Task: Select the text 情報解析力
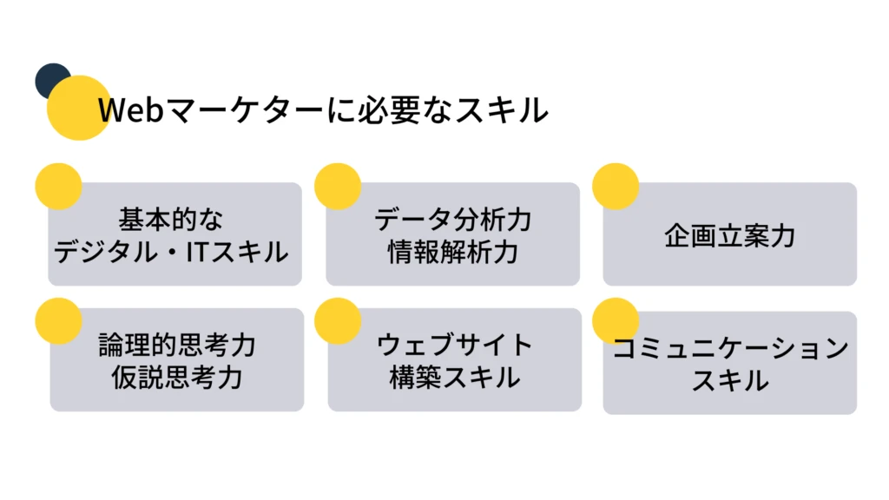point(452,252)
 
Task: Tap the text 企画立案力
point(730,235)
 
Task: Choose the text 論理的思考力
point(177,345)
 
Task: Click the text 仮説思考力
point(177,378)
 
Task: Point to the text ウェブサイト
point(454,345)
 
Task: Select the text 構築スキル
point(454,378)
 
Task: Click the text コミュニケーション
point(730,349)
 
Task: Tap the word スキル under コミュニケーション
point(730,381)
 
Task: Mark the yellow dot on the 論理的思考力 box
point(58,320)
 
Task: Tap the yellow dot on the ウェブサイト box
point(337,320)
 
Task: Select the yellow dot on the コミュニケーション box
point(615,320)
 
